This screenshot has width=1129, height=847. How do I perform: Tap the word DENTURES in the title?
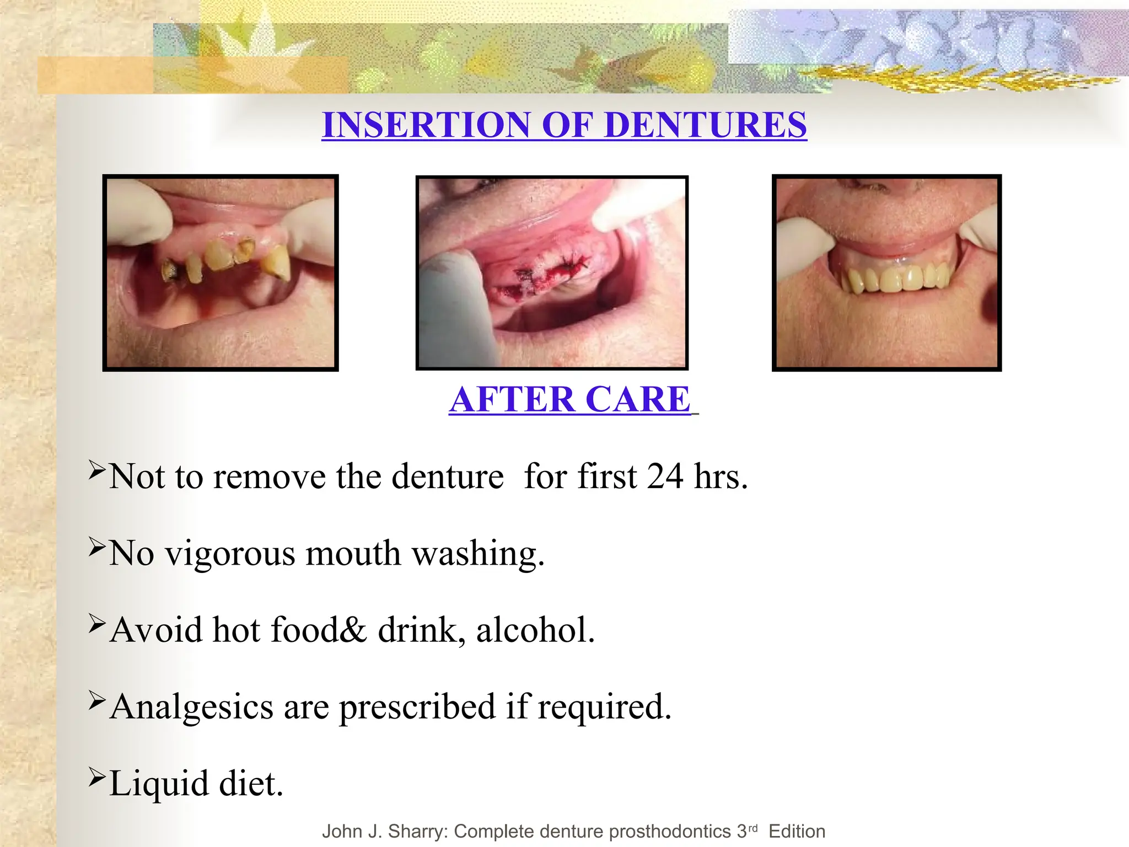(706, 125)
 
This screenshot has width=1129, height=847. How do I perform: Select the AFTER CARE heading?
(570, 399)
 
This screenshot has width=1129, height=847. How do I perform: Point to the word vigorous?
(230, 554)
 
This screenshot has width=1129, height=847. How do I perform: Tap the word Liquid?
(159, 784)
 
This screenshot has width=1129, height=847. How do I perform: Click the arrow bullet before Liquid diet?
(96, 777)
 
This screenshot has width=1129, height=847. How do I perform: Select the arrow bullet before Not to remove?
(96, 469)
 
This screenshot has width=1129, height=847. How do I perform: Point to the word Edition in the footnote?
(797, 831)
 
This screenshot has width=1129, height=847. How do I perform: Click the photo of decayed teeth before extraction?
(221, 272)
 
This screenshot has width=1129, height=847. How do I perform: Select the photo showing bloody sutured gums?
(552, 272)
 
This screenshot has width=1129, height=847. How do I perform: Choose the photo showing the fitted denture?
(886, 272)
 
